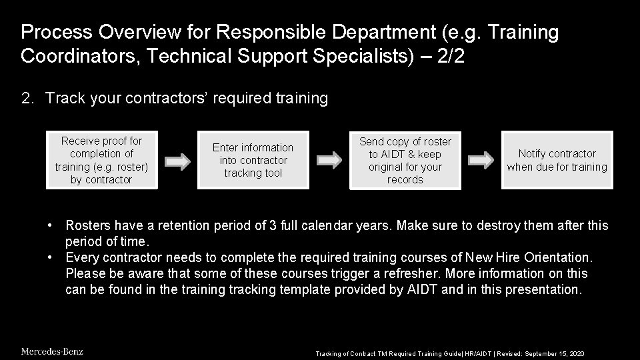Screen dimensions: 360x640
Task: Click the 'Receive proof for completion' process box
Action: click(x=102, y=160)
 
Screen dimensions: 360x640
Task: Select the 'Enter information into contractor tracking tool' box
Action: click(x=253, y=160)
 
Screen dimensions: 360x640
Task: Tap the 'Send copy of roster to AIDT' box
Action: click(x=405, y=160)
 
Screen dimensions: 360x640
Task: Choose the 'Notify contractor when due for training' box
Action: click(x=557, y=160)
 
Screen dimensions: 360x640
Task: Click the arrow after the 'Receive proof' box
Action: click(x=178, y=161)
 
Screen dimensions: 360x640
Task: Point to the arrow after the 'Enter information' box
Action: click(x=329, y=161)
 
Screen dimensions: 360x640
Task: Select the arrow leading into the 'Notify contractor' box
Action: click(x=481, y=161)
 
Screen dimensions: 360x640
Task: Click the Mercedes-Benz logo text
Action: click(x=52, y=351)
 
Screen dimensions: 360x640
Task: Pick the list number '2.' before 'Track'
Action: click(x=27, y=99)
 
